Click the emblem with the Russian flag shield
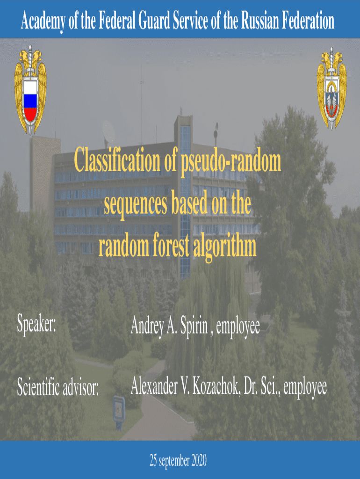(x=30, y=90)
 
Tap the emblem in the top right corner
(x=331, y=89)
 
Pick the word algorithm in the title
(x=225, y=247)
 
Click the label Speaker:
(x=36, y=324)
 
